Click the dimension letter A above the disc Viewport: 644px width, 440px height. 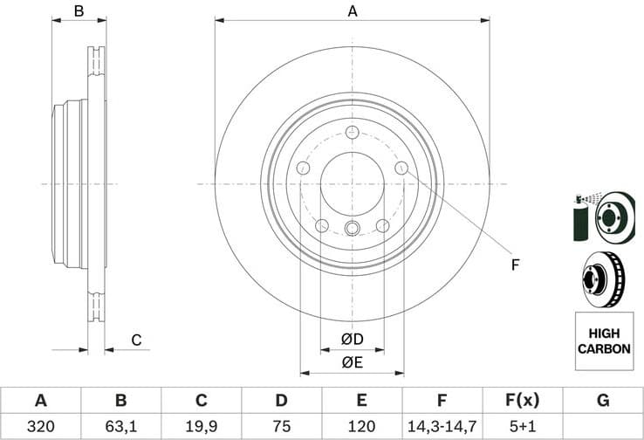click(x=353, y=10)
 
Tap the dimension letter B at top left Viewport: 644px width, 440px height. click(x=79, y=10)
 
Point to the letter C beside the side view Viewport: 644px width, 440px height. click(x=136, y=340)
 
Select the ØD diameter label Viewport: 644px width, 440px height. click(x=353, y=339)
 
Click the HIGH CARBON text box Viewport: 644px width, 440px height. click(x=603, y=340)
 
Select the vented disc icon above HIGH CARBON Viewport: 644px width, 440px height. click(x=603, y=279)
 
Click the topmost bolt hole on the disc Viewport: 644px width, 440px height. click(x=353, y=133)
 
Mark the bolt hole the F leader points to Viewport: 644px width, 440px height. click(x=401, y=168)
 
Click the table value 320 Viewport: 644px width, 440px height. click(x=40, y=425)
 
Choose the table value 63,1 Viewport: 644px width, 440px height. click(x=120, y=425)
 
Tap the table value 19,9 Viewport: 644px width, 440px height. click(x=201, y=425)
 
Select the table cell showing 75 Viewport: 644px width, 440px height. click(x=281, y=425)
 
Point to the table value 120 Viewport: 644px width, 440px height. click(x=361, y=425)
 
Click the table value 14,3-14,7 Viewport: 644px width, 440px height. click(x=442, y=425)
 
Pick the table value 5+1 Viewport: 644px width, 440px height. click(x=522, y=425)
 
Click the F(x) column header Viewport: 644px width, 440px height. click(x=522, y=401)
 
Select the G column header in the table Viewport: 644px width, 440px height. click(x=602, y=401)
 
